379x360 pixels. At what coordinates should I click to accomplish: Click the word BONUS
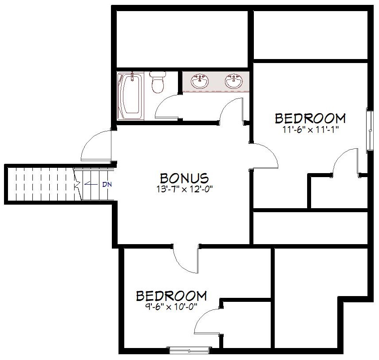(184, 178)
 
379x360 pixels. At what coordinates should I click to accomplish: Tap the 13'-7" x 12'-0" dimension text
(184, 189)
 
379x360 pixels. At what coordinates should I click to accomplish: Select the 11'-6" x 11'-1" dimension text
(310, 130)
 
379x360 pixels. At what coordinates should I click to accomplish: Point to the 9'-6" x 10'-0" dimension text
(171, 307)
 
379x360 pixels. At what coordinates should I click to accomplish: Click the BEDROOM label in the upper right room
(310, 119)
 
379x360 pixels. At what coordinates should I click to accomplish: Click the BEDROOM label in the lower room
(171, 296)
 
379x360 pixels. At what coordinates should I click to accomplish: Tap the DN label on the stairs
(107, 185)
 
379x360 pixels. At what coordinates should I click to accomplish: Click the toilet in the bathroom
(158, 82)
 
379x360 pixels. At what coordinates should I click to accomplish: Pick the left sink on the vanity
(200, 81)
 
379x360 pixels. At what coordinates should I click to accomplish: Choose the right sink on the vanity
(234, 81)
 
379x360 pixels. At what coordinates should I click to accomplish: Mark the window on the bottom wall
(189, 350)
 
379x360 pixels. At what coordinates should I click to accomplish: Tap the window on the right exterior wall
(370, 131)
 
